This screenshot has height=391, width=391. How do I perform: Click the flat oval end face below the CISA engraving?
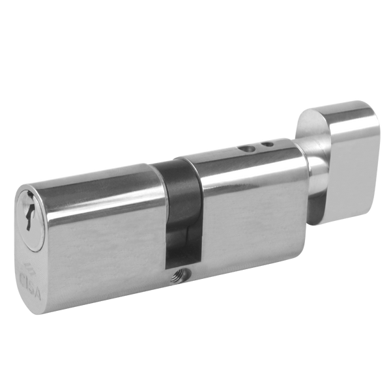pyautogui.click(x=33, y=306)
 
